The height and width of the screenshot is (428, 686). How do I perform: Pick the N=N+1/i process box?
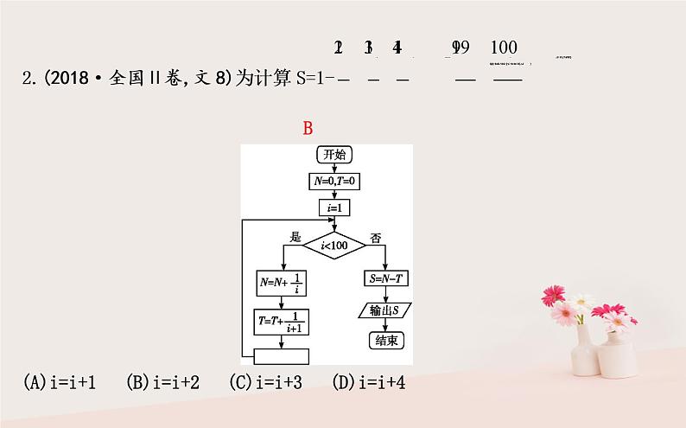point(283,283)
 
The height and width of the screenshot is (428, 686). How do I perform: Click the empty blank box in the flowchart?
point(283,356)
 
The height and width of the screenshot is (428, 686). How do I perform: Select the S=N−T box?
point(385,279)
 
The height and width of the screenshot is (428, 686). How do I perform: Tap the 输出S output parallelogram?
point(385,310)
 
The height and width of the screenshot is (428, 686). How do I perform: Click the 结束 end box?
point(385,340)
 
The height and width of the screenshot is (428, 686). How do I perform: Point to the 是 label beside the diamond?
point(295,236)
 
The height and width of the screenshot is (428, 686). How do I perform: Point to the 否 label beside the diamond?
point(374,236)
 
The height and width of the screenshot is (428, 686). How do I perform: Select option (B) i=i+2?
point(163,382)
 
